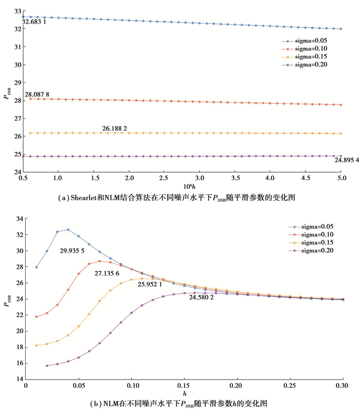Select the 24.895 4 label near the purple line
pos(330,161)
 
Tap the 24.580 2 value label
pos(201,296)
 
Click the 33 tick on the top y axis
pos(17,11)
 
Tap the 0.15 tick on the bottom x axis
pos(184,385)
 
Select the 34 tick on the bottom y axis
pos(17,219)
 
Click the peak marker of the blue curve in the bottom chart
pos(68,230)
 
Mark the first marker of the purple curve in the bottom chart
pos(47,366)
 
